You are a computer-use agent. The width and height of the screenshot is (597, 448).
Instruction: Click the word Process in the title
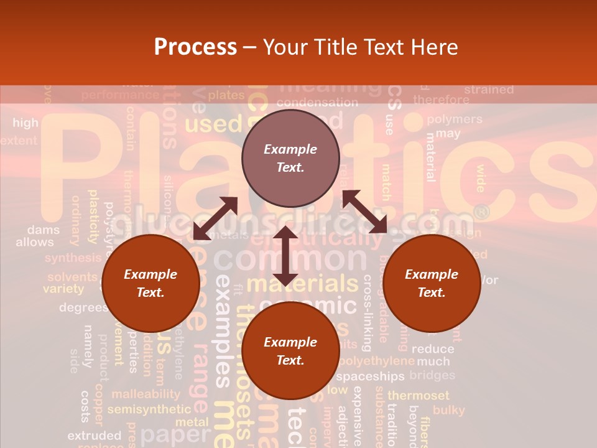click(x=195, y=47)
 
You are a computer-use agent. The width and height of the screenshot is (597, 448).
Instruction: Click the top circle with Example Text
click(x=290, y=159)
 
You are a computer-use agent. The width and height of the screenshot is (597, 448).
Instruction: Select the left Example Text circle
click(x=150, y=283)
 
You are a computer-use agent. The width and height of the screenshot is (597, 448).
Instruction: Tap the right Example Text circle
click(x=432, y=283)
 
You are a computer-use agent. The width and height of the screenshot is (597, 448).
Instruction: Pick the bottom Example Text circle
click(x=290, y=351)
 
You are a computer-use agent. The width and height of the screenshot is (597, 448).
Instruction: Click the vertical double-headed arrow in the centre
click(x=285, y=256)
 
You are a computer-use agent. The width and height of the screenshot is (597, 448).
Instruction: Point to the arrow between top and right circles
click(x=364, y=211)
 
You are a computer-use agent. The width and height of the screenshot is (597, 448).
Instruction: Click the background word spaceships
click(x=370, y=376)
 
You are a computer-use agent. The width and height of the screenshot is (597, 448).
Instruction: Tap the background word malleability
click(x=146, y=394)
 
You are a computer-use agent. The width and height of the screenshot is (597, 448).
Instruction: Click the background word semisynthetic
click(x=149, y=409)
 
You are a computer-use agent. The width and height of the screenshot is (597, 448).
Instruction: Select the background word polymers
click(x=455, y=119)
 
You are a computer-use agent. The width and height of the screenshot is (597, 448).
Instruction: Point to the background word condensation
click(x=317, y=102)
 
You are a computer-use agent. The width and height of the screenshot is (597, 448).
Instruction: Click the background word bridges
click(x=432, y=375)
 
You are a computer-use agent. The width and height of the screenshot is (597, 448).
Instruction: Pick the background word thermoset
click(x=418, y=395)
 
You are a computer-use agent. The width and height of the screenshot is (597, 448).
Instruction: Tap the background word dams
click(x=44, y=230)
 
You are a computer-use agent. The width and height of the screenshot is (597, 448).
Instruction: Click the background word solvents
click(x=72, y=278)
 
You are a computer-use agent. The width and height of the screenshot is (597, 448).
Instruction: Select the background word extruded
click(x=94, y=435)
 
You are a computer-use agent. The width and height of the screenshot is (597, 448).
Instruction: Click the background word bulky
click(x=448, y=410)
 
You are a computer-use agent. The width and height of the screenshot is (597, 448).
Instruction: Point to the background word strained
click(x=489, y=90)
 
